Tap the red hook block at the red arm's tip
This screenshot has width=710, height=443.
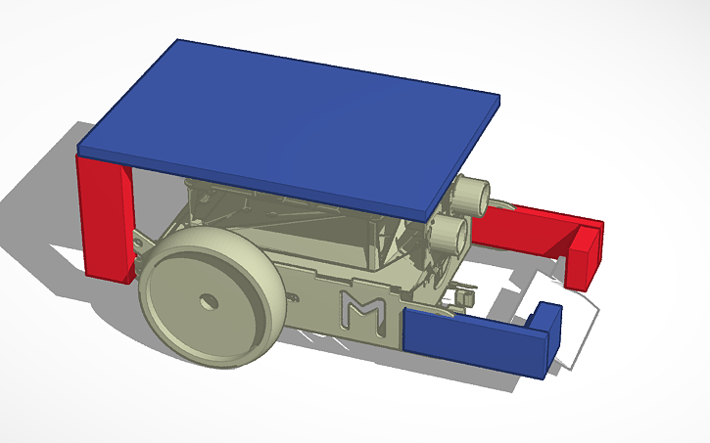(x=585, y=256)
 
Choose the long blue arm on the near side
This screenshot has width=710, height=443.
(x=470, y=336)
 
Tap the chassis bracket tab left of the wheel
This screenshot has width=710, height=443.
(x=141, y=238)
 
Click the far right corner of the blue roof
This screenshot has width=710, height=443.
(x=498, y=98)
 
